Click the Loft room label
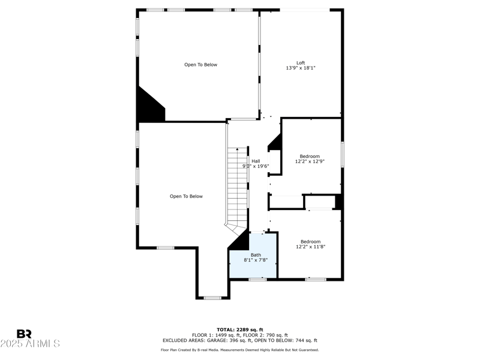tap(301, 63)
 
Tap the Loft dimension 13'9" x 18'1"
tap(301, 68)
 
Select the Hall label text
tap(256, 161)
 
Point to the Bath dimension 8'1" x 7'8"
tap(255, 260)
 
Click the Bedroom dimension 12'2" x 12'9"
tap(310, 161)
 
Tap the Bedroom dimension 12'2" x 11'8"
tap(310, 247)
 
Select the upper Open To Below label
tap(200, 65)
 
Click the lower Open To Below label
tap(186, 196)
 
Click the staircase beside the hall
tap(238, 186)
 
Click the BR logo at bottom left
tap(24, 334)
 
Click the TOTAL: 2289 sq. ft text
tap(239, 329)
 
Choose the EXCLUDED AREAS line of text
tap(239, 340)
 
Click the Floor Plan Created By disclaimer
tap(239, 350)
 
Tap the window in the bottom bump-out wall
tap(212, 298)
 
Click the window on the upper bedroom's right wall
tap(342, 154)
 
